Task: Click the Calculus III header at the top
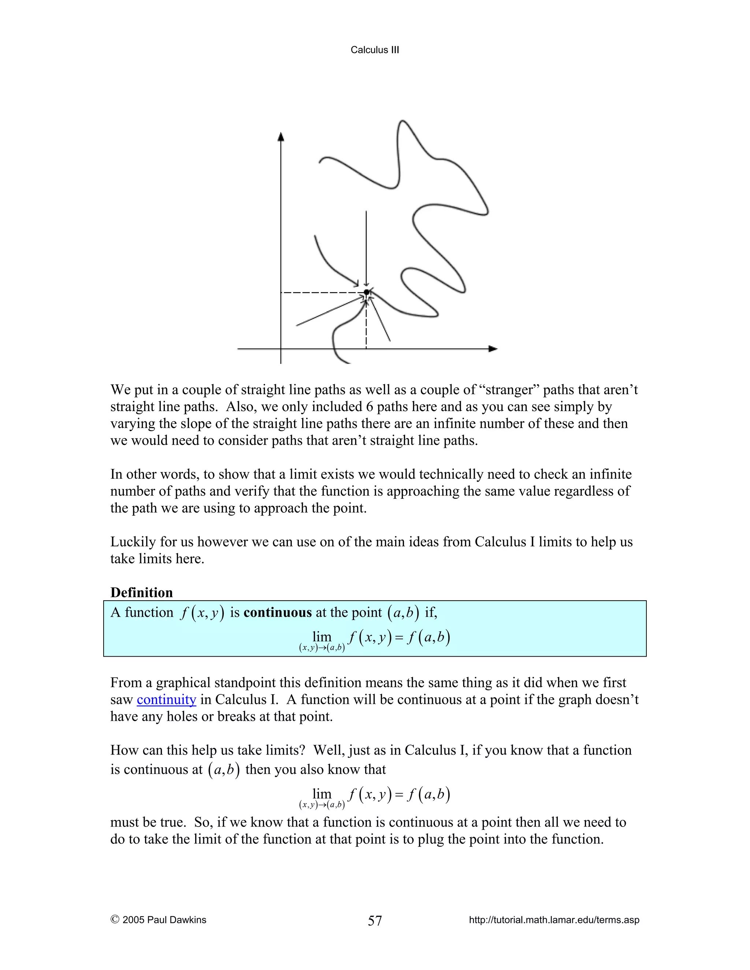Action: point(375,50)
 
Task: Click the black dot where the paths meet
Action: point(367,292)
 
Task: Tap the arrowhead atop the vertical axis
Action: point(281,137)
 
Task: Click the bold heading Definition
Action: point(141,593)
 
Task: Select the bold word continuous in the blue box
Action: point(278,612)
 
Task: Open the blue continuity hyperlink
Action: point(166,699)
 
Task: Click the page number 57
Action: point(375,921)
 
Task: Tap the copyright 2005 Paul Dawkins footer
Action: point(159,920)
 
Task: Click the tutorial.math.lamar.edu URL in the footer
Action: point(554,920)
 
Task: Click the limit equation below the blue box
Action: point(375,797)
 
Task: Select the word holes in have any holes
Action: point(182,716)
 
